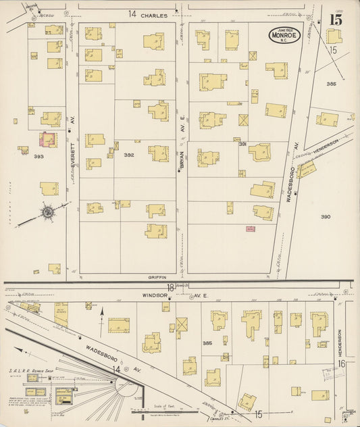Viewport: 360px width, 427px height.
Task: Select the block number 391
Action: tap(242, 144)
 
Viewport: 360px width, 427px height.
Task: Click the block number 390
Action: tap(326, 217)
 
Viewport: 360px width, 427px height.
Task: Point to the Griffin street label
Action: tap(157, 277)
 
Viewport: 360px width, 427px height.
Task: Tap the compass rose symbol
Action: tap(49, 212)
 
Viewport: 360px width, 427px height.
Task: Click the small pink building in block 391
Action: tap(250, 230)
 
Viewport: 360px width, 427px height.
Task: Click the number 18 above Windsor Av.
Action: tap(171, 287)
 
